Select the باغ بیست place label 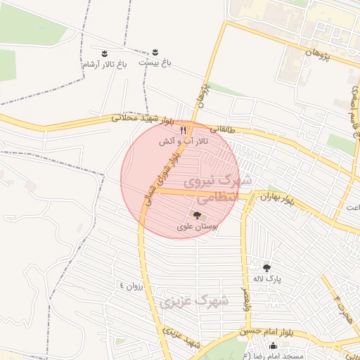coord(154,63)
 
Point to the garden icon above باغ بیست coord(155,53)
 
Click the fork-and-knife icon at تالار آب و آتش coord(184,129)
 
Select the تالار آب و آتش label coord(179,141)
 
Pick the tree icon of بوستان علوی coord(197,215)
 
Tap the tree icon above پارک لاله coord(266,268)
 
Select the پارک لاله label coord(267,279)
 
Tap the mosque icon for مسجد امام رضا coord(273,345)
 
